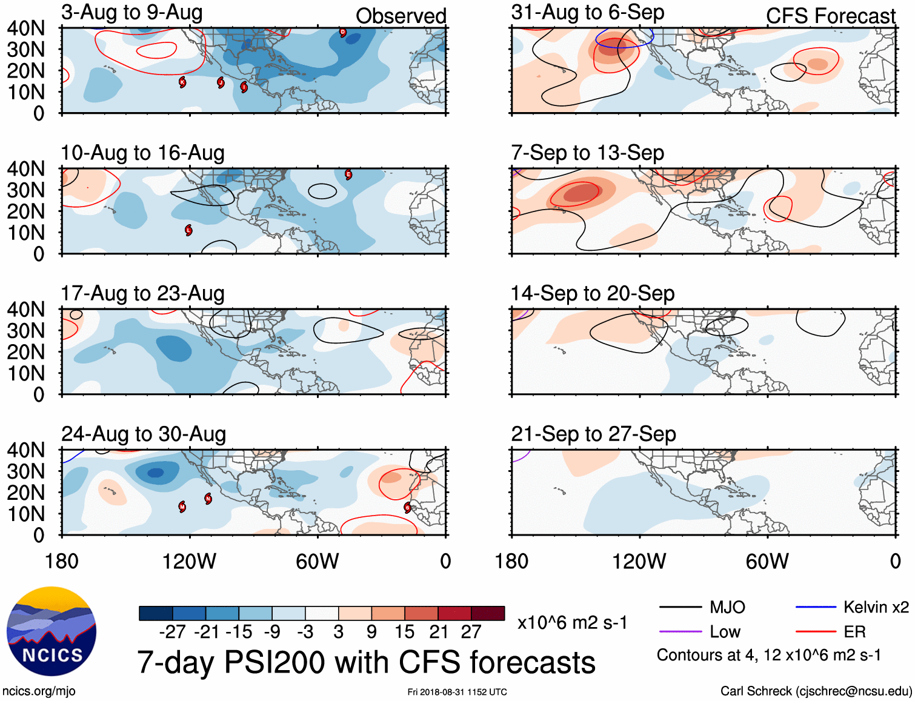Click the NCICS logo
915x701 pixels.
click(52, 631)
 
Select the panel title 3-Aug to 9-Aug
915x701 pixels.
click(131, 13)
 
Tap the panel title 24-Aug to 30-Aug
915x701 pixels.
click(144, 434)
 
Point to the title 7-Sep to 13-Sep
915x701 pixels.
click(587, 153)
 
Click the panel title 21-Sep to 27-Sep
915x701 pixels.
click(593, 434)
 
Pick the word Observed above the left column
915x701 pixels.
click(401, 16)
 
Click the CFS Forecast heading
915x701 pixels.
click(830, 16)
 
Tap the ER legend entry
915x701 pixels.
click(854, 632)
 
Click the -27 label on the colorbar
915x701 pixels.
click(172, 632)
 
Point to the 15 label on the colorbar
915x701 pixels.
click(405, 632)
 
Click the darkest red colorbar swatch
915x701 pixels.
click(488, 613)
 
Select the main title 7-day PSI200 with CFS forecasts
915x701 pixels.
click(366, 662)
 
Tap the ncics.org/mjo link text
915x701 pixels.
click(39, 691)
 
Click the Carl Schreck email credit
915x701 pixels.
click(816, 691)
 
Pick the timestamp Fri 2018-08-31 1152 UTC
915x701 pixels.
click(457, 692)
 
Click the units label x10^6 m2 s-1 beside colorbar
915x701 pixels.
click(572, 622)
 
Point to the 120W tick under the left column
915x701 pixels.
click(189, 561)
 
